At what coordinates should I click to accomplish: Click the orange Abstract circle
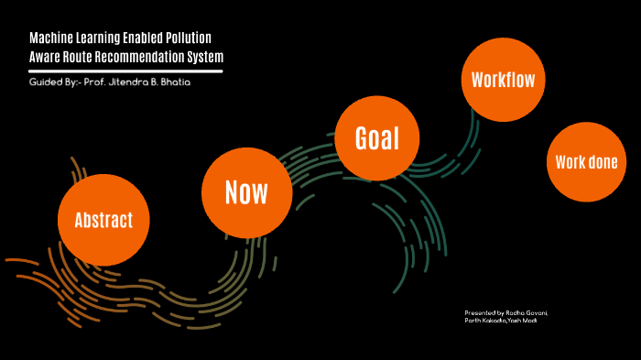[x=103, y=220]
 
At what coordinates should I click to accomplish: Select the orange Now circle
[x=246, y=192]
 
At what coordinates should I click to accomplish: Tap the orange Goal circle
[x=378, y=140]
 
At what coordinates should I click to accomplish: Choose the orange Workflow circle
[x=498, y=79]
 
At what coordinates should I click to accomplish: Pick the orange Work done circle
[x=586, y=163]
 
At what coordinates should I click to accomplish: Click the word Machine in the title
[x=51, y=39]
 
